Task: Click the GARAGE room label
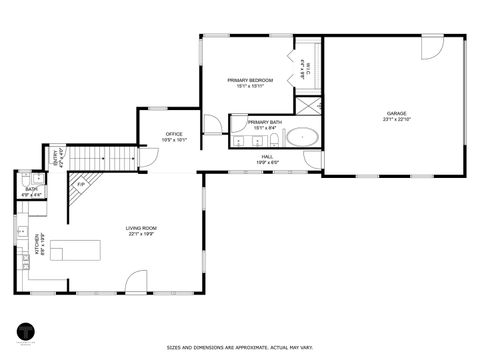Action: coord(398,113)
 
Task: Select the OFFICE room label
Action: coord(175,134)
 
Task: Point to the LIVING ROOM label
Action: coord(141,228)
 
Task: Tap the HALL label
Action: coord(267,156)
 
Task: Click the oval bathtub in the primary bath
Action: coord(302,137)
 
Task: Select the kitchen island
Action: coord(77,251)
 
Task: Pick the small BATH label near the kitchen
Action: coord(32,191)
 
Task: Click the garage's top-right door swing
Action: coord(433,48)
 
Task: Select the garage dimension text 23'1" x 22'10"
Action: coord(398,119)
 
